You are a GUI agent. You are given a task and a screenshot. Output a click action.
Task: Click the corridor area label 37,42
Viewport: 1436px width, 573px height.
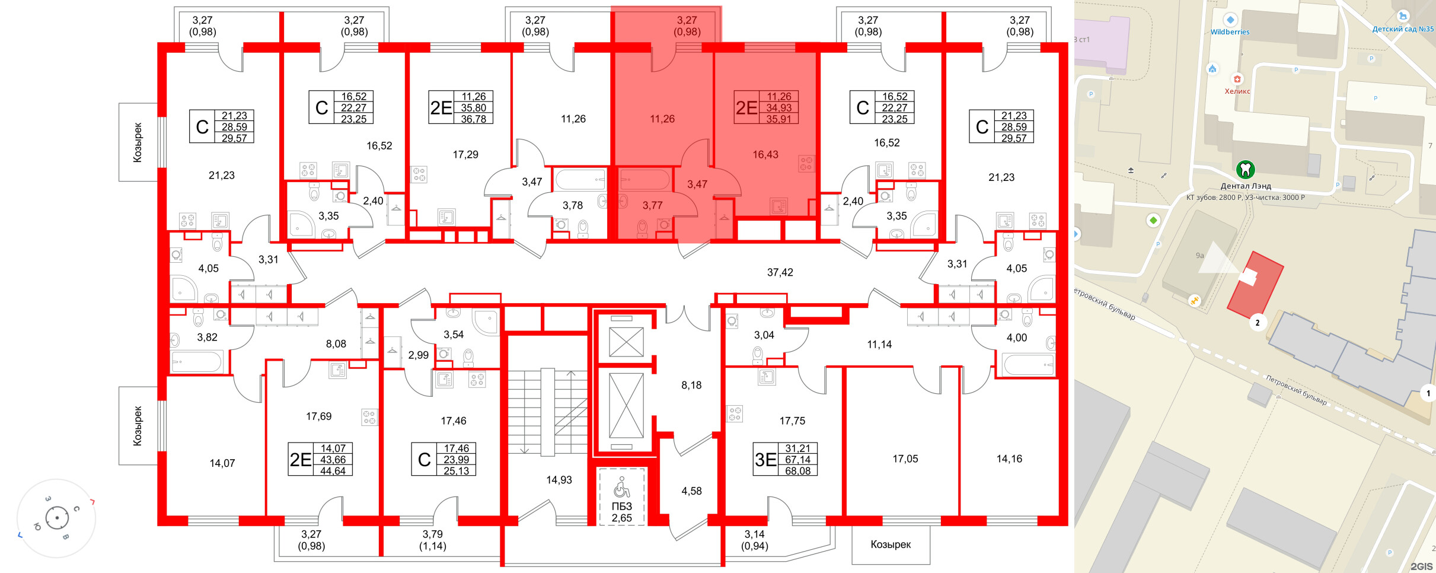coord(780,272)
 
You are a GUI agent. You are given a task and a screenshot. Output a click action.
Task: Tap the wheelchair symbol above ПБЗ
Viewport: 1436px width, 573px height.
coord(621,488)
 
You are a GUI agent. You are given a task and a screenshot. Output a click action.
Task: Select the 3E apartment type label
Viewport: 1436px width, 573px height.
coord(765,460)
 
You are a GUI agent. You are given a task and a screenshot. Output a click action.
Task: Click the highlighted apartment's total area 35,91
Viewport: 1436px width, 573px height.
coord(778,119)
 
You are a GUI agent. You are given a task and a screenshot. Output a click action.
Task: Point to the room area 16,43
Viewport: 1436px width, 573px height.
coord(765,155)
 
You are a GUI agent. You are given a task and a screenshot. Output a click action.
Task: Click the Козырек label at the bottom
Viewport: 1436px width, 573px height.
coord(891,545)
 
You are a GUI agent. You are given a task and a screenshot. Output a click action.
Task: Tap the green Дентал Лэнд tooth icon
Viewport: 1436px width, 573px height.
coord(1245,170)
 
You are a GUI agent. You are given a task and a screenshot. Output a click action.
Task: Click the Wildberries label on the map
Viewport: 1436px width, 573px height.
coord(1230,32)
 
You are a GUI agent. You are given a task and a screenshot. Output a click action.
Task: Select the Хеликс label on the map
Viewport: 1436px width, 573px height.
coord(1237,91)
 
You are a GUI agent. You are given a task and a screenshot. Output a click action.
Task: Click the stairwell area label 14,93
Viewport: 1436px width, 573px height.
coord(559,480)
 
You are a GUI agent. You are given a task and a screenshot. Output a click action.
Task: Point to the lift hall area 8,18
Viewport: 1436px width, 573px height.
coord(691,386)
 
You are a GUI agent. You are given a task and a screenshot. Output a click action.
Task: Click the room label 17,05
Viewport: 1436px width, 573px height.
coord(905,459)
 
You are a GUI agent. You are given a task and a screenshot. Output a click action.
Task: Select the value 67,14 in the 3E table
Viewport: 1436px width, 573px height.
coord(797,460)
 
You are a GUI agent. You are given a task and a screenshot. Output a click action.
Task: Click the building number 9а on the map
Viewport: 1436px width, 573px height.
coord(1199,256)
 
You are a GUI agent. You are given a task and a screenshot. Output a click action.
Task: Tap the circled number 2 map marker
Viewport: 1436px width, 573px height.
coord(1257,323)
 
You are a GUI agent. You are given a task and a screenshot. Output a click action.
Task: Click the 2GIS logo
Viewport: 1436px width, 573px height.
coord(1421,566)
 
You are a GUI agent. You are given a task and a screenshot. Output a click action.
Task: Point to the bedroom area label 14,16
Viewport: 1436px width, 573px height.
coord(1009,459)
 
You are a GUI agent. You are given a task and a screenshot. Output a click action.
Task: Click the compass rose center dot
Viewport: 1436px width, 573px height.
coord(57,518)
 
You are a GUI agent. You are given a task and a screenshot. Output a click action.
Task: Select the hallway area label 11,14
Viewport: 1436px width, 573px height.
coord(879,345)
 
